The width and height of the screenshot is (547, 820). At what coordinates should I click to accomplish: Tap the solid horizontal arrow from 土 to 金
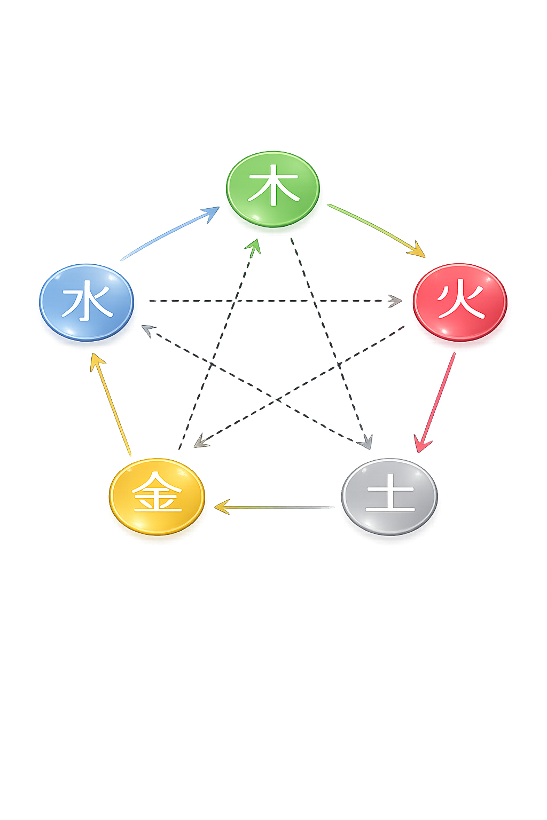pyautogui.click(x=278, y=507)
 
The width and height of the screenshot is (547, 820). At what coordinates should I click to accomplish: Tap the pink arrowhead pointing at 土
pyautogui.click(x=423, y=445)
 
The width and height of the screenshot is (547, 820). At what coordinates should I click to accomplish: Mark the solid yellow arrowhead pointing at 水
pyautogui.click(x=96, y=360)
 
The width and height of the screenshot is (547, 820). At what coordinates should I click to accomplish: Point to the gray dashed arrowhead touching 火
pyautogui.click(x=396, y=301)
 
